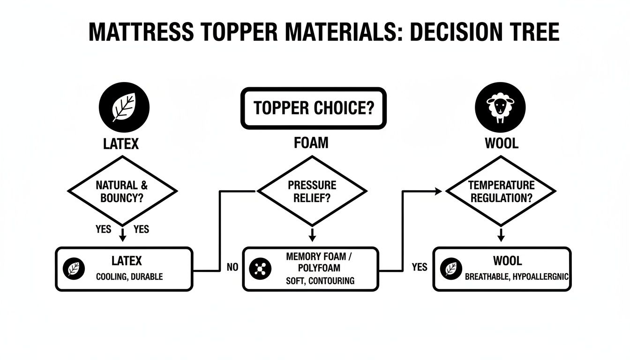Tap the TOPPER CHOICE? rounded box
coord(313,108)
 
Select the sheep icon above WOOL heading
coord(500,107)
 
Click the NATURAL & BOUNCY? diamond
coord(122,191)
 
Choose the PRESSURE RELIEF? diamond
coord(312,191)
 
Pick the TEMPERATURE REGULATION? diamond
coord(501,191)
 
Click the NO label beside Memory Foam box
coord(232,268)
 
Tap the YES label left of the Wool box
coord(420,267)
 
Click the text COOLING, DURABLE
coord(129,277)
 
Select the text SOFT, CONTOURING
coord(320,281)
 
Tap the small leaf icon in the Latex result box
coord(74,269)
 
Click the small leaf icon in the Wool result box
coord(451,269)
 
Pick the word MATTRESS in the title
coord(140,32)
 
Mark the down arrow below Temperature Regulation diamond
coord(501,234)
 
